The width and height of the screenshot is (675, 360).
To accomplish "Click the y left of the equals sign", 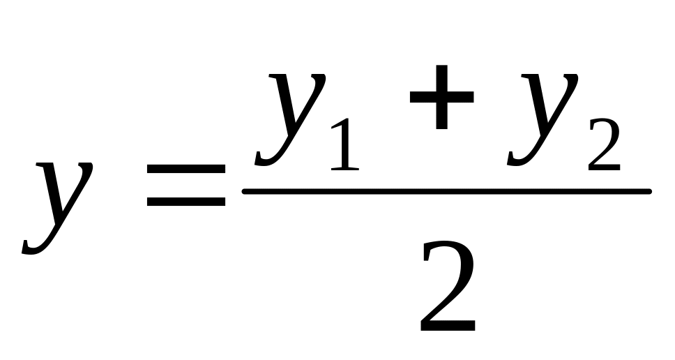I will click(x=59, y=202).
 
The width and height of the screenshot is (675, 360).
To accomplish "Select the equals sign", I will click(x=185, y=186).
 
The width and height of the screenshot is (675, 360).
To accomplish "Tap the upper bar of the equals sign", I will click(x=185, y=170).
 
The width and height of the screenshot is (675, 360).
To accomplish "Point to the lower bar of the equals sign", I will click(x=185, y=202).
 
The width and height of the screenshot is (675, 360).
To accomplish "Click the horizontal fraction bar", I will click(x=446, y=190).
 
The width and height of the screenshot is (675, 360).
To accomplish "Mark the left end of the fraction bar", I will click(x=245, y=190).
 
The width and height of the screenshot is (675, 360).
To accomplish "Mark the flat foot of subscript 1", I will click(x=344, y=168).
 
